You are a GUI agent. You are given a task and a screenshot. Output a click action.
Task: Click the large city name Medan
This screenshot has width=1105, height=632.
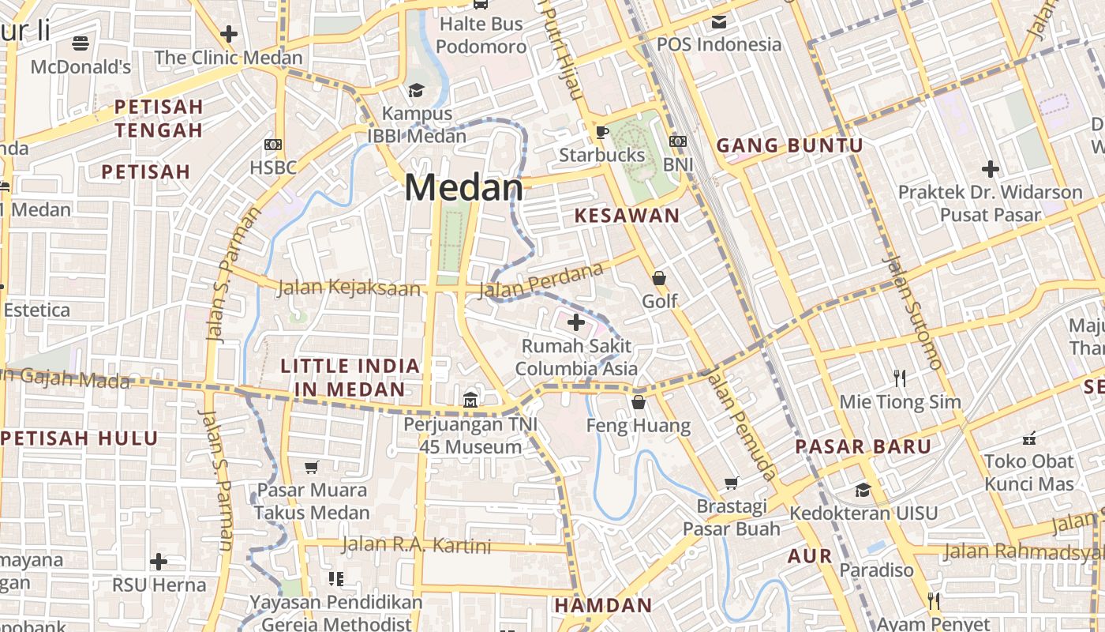[463, 188]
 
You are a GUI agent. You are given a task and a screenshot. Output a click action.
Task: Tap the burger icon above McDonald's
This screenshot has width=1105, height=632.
[81, 43]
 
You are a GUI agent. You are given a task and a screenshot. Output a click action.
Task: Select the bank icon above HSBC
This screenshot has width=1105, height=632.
[273, 145]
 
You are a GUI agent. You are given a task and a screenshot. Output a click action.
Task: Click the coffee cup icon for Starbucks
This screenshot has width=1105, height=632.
[601, 132]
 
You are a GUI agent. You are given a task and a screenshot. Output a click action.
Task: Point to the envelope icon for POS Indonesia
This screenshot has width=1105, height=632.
[718, 21]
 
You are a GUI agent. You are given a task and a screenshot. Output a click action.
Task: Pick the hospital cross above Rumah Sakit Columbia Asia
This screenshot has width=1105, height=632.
[576, 322]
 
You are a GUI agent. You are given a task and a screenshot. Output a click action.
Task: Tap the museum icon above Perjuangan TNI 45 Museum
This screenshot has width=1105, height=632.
[470, 401]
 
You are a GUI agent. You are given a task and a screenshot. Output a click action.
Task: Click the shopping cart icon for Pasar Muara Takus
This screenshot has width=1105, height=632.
[312, 467]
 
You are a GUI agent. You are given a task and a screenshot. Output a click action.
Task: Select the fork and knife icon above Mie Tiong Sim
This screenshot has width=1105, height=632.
[899, 378]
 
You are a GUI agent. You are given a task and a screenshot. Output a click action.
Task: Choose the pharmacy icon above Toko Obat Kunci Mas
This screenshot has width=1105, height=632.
[1028, 437]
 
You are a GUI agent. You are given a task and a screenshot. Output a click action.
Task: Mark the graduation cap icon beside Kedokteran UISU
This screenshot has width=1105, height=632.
[863, 490]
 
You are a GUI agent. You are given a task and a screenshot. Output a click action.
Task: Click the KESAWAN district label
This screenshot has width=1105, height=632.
[627, 216]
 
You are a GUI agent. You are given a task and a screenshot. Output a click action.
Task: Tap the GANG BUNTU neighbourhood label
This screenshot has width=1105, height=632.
[789, 145]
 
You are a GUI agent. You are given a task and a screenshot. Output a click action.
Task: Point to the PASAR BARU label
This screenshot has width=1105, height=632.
[863, 446]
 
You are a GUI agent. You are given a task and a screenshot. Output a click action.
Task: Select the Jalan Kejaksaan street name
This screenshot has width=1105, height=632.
[349, 288]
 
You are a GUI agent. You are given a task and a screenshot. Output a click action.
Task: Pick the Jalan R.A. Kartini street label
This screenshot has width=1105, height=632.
[416, 545]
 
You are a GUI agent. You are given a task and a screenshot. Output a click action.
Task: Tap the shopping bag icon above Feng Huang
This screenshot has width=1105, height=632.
[639, 403]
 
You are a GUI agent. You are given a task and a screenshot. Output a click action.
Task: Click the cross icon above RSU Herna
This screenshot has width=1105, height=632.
[159, 562]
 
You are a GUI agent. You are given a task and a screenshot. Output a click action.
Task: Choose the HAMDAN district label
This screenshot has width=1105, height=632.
[603, 606]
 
